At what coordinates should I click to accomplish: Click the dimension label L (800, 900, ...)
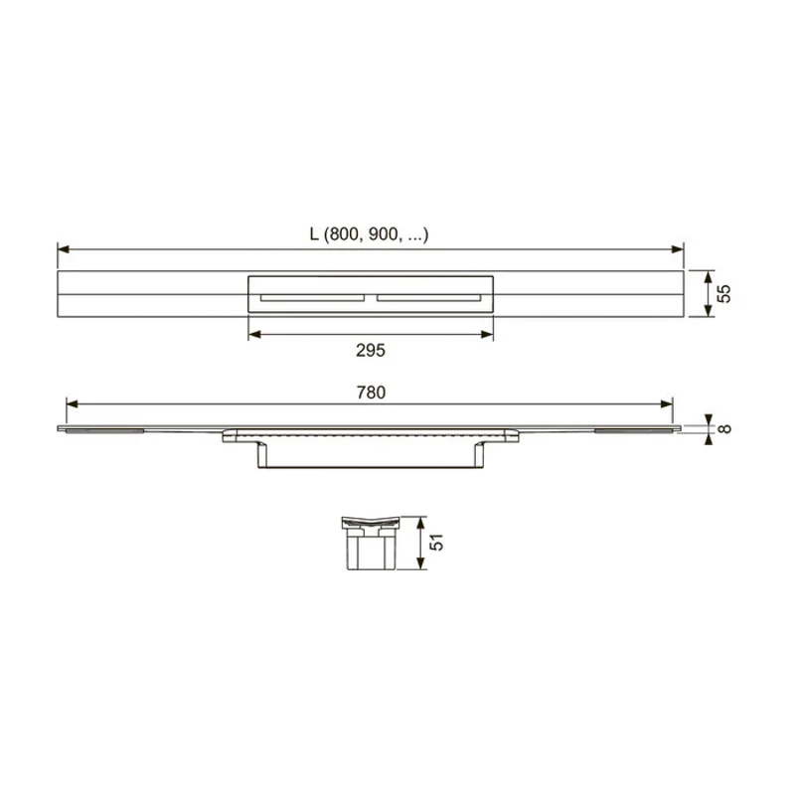(369, 235)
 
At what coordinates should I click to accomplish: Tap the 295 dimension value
(370, 351)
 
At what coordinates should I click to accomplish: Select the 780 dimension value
(371, 393)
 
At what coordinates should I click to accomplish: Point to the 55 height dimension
(724, 293)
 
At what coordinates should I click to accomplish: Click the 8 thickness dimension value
(725, 429)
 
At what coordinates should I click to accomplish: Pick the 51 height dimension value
(436, 542)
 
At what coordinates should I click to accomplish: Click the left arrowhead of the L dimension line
(64, 249)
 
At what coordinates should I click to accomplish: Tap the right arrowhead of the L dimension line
(678, 249)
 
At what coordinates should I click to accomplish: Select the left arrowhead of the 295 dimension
(254, 334)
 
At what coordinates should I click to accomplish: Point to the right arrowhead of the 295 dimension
(487, 334)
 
